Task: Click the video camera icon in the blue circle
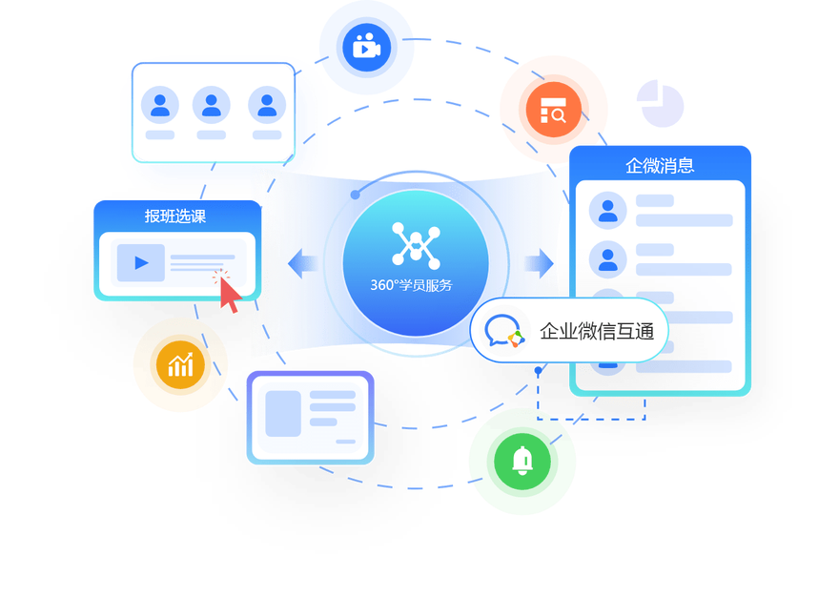pyautogui.click(x=366, y=46)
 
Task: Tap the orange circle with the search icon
pyautogui.click(x=553, y=110)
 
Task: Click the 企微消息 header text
pyautogui.click(x=660, y=165)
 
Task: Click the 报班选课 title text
pyautogui.click(x=175, y=216)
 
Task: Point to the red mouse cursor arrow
pyautogui.click(x=229, y=296)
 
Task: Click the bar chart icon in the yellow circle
pyautogui.click(x=180, y=364)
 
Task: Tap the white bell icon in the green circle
pyautogui.click(x=521, y=462)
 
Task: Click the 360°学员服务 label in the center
pyautogui.click(x=412, y=285)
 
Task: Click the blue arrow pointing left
pyautogui.click(x=303, y=263)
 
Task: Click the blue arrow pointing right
pyautogui.click(x=539, y=262)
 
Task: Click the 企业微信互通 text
pyautogui.click(x=597, y=332)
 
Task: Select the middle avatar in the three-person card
pyautogui.click(x=212, y=105)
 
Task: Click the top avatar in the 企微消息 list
pyautogui.click(x=607, y=211)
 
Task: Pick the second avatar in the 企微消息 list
pyautogui.click(x=607, y=258)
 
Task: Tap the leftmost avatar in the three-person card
pyautogui.click(x=160, y=105)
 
